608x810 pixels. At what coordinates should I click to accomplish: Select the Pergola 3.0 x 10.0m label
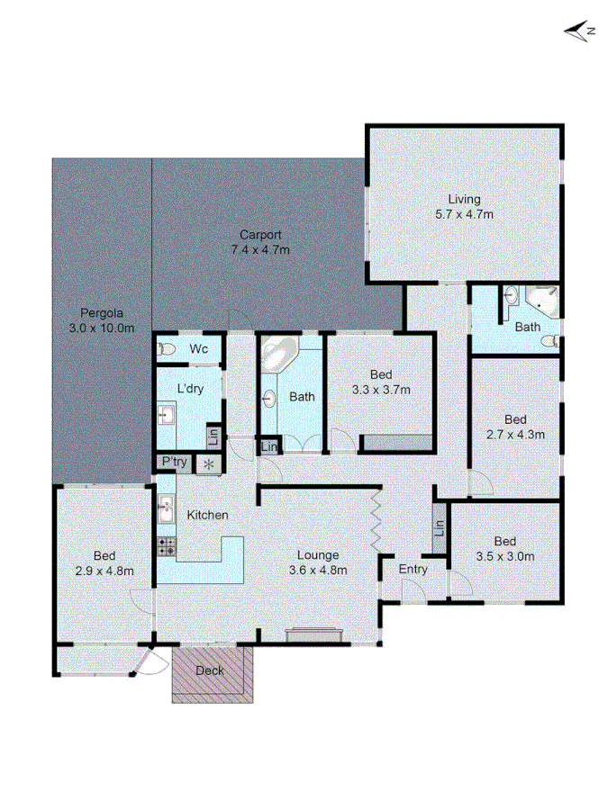[x=101, y=321]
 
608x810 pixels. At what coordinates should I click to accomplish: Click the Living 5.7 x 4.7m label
[x=465, y=207]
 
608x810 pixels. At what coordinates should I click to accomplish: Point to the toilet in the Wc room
[x=166, y=349]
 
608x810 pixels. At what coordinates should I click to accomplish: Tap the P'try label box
[x=173, y=463]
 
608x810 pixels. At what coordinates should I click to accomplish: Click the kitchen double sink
[x=166, y=508]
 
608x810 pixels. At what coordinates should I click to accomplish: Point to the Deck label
[x=210, y=670]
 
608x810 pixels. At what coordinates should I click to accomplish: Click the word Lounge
[x=318, y=554]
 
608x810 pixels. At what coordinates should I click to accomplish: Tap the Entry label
[x=413, y=569]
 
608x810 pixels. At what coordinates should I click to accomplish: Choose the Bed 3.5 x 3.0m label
[x=504, y=549]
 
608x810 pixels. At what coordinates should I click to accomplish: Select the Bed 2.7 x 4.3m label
[x=514, y=427]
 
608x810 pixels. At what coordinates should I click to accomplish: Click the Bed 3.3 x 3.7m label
[x=380, y=382]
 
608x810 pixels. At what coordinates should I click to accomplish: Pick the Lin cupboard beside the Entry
[x=440, y=529]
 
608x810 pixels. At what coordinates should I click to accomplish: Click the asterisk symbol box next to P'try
[x=209, y=463]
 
